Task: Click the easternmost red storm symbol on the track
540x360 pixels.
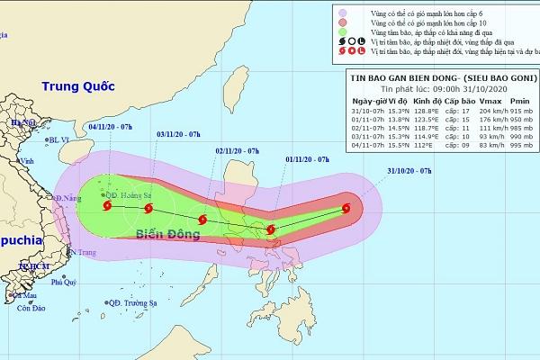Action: pos(346,211)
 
